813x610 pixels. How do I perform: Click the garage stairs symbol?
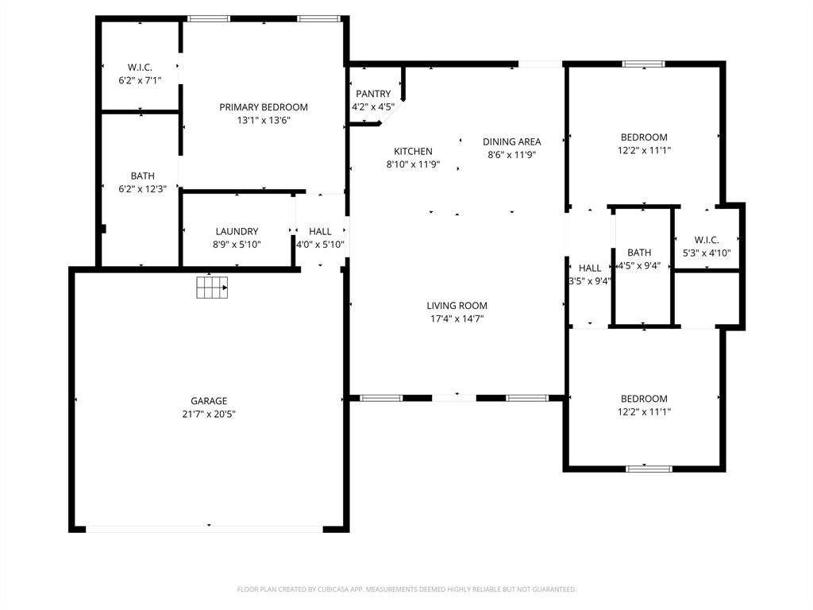[212, 287]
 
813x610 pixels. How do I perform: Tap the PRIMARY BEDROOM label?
[264, 107]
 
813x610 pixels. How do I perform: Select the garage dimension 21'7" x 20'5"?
[209, 414]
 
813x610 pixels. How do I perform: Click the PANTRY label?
[373, 94]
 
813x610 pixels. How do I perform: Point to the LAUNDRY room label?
[237, 231]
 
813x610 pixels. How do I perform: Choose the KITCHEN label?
[414, 151]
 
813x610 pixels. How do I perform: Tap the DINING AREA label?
[512, 141]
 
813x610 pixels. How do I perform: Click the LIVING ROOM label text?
[457, 306]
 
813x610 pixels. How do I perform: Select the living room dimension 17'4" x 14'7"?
[457, 319]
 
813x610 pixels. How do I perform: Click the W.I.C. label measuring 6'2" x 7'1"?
[140, 68]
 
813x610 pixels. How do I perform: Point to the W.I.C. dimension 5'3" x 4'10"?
[707, 253]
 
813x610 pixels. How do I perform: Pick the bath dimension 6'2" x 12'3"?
[143, 189]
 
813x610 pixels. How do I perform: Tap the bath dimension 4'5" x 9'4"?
[639, 266]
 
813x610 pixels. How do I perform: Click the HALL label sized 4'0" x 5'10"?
[321, 231]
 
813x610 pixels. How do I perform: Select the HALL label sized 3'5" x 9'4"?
[590, 268]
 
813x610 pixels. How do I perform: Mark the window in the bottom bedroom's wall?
[649, 469]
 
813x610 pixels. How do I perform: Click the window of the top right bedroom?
[643, 64]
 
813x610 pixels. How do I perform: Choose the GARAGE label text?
[209, 401]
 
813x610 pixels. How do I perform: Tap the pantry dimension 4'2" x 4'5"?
[373, 106]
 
